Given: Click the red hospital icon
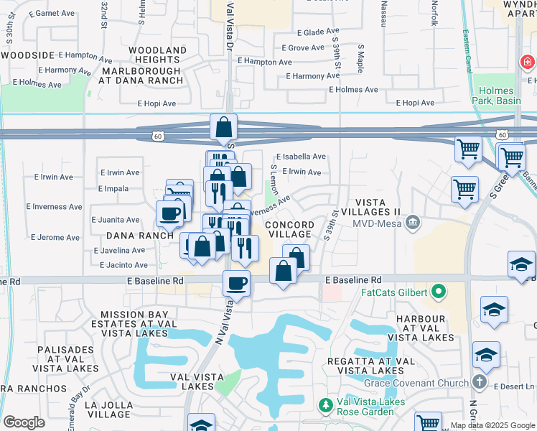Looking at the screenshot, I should pyautogui.click(x=528, y=63).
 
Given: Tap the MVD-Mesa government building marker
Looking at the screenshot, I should pyautogui.click(x=412, y=222).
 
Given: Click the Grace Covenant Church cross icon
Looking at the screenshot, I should pyautogui.click(x=480, y=383).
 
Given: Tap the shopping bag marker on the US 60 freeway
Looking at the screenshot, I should pyautogui.click(x=224, y=128).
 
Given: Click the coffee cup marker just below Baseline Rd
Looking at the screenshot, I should pyautogui.click(x=236, y=283).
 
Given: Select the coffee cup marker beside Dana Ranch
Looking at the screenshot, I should pyautogui.click(x=170, y=213).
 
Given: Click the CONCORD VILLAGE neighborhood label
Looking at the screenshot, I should pyautogui.click(x=289, y=229).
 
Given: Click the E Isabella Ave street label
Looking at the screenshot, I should pyautogui.click(x=302, y=156).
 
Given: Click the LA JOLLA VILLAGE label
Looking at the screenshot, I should pyautogui.click(x=107, y=410).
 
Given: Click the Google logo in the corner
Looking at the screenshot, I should pyautogui.click(x=24, y=422).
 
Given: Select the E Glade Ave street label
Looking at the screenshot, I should pyautogui.click(x=311, y=32).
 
